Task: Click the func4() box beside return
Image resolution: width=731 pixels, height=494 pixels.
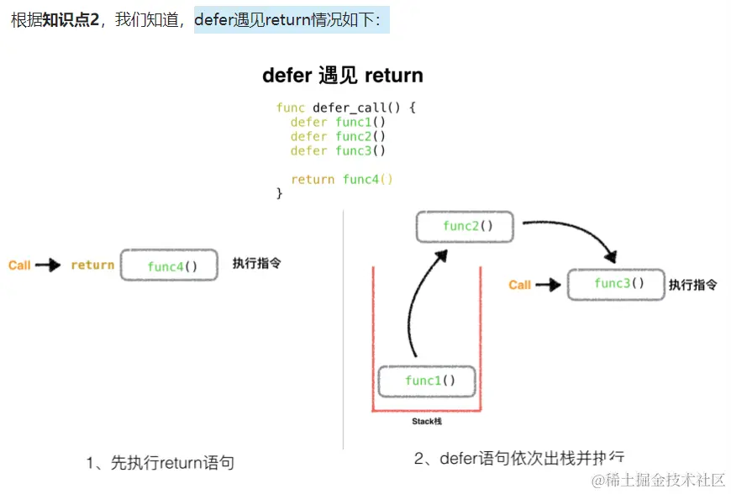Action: click(x=170, y=265)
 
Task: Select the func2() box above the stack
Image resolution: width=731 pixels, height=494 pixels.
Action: click(x=465, y=226)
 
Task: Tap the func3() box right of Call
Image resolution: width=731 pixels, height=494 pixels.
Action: click(x=616, y=284)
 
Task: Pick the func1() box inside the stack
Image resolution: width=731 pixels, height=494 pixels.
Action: click(x=427, y=381)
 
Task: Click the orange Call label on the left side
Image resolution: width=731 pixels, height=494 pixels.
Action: click(x=19, y=265)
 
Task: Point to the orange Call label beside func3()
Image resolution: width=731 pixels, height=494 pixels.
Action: click(x=520, y=285)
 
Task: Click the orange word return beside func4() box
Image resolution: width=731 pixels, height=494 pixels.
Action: click(x=92, y=265)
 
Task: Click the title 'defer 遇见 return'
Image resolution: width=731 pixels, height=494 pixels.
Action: click(x=343, y=76)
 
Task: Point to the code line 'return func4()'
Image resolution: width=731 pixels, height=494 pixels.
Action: click(x=342, y=179)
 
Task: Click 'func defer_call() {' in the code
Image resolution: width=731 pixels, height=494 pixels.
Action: click(x=346, y=108)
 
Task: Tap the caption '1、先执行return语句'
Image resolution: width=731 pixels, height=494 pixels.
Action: click(x=160, y=462)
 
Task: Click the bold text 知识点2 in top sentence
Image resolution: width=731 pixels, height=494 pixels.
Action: click(x=71, y=20)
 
